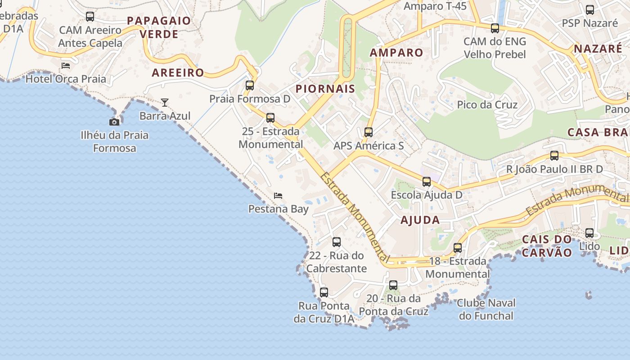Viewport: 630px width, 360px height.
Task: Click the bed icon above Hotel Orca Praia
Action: pos(66,66)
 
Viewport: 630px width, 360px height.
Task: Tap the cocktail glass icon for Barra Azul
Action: pos(165,103)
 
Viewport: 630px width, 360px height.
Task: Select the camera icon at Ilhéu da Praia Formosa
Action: pos(114,122)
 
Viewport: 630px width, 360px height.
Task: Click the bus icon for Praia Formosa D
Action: pos(249,85)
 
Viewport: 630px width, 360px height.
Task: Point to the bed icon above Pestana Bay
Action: pos(278,196)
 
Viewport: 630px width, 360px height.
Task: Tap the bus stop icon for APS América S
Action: pos(369,132)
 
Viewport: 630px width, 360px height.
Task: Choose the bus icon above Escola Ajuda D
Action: pos(426,182)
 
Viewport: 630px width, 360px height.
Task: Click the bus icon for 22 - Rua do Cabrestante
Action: pos(336,242)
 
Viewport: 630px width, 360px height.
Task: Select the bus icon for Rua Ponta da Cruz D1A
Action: pos(324,292)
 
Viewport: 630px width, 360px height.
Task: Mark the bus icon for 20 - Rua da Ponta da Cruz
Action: pos(393,285)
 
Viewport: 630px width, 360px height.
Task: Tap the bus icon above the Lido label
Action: pos(589,233)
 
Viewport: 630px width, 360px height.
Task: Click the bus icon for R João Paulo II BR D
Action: pos(554,156)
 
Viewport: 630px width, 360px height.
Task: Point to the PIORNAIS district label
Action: pos(325,89)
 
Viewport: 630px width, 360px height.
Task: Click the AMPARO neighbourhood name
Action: pos(396,53)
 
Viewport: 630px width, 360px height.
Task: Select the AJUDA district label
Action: pos(420,220)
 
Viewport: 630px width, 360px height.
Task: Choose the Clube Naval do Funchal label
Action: pos(486,309)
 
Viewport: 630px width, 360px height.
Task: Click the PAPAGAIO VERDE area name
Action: pos(159,27)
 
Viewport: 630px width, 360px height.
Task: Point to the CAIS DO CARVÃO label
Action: pos(546,246)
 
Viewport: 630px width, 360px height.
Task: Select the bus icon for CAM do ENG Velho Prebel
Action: pos(495,28)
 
